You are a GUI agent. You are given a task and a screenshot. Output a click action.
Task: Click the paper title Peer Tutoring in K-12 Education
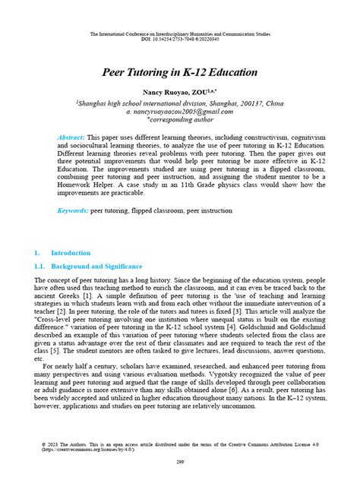(x=180, y=74)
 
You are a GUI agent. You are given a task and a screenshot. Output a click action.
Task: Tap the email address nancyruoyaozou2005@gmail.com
(x=180, y=111)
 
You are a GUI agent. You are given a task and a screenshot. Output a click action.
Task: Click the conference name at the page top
(x=180, y=34)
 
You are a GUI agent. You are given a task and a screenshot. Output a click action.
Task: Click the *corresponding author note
(x=180, y=119)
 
